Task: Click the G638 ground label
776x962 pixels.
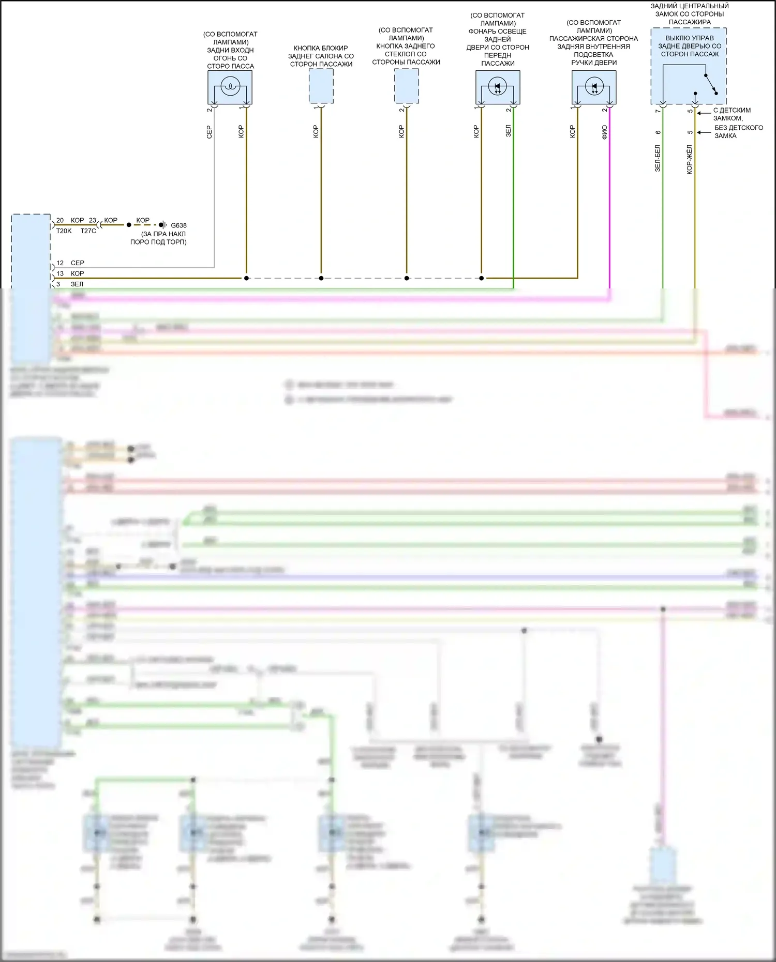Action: pyautogui.click(x=178, y=225)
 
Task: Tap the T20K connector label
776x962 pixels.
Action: pyautogui.click(x=64, y=231)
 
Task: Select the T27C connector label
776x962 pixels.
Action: pyautogui.click(x=88, y=231)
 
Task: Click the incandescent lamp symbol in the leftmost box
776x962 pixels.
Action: pyautogui.click(x=230, y=86)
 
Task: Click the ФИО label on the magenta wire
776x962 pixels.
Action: pyautogui.click(x=604, y=132)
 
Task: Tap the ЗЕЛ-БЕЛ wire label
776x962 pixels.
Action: pyautogui.click(x=658, y=158)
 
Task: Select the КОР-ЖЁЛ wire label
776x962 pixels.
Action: pyautogui.click(x=690, y=159)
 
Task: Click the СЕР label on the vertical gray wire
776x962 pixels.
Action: pyautogui.click(x=210, y=132)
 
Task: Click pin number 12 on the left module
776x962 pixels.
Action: pyautogui.click(x=60, y=263)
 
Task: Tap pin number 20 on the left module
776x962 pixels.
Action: pyautogui.click(x=60, y=220)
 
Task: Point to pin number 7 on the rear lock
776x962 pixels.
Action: pyautogui.click(x=658, y=111)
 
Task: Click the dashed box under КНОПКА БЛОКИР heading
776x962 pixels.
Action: pyautogui.click(x=321, y=86)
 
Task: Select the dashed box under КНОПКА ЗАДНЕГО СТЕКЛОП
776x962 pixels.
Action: pyautogui.click(x=407, y=86)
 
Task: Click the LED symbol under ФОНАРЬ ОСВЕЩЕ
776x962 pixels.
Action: pyautogui.click(x=498, y=86)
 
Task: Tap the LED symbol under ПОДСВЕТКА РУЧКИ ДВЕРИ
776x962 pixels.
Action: pyautogui.click(x=594, y=86)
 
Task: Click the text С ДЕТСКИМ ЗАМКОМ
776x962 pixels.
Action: pyautogui.click(x=732, y=114)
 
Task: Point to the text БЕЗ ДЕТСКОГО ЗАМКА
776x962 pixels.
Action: pyautogui.click(x=738, y=132)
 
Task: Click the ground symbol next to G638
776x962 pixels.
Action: pyautogui.click(x=163, y=225)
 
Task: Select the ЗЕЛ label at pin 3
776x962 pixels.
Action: pyautogui.click(x=77, y=284)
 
